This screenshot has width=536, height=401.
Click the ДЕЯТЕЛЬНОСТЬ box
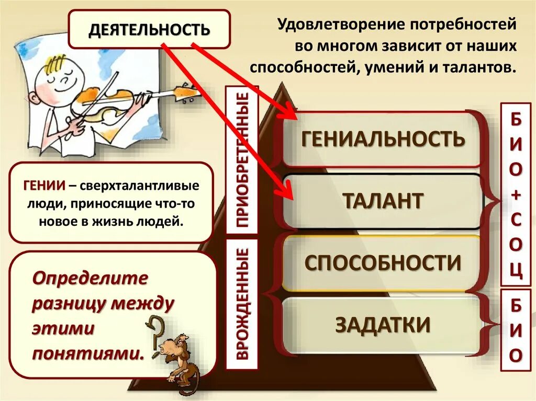(149, 29)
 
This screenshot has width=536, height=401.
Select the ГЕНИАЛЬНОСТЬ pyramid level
(383, 139)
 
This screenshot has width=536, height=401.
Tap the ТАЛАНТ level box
(383, 201)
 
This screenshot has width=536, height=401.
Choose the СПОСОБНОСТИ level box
(383, 262)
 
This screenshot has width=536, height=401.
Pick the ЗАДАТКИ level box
(383, 325)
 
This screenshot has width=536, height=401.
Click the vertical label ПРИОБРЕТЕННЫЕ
(242, 159)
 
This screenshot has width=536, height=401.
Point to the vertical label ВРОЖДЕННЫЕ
(242, 304)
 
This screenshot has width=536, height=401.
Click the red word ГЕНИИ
(44, 186)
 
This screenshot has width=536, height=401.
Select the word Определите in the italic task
(90, 278)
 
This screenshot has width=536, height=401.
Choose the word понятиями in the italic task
(88, 353)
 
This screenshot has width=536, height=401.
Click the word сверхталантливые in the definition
(137, 186)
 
